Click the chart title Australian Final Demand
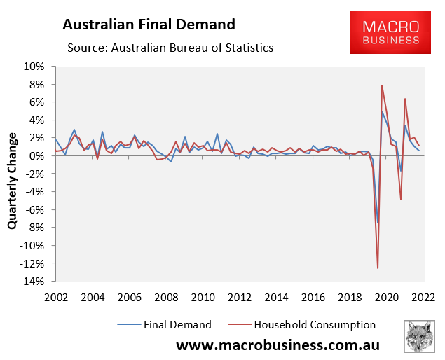pos(148,25)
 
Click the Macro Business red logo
pos(391,33)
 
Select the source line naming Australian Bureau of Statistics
pos(170,48)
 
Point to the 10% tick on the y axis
pos(34,67)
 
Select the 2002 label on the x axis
pos(55,298)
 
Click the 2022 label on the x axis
pos(421,298)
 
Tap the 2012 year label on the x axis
pos(239,298)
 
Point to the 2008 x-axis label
pos(165,298)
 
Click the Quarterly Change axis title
pos(13,174)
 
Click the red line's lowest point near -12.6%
pos(378,268)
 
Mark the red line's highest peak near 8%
pos(382,85)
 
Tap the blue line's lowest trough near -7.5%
pos(377,223)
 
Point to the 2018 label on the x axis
pos(348,298)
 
